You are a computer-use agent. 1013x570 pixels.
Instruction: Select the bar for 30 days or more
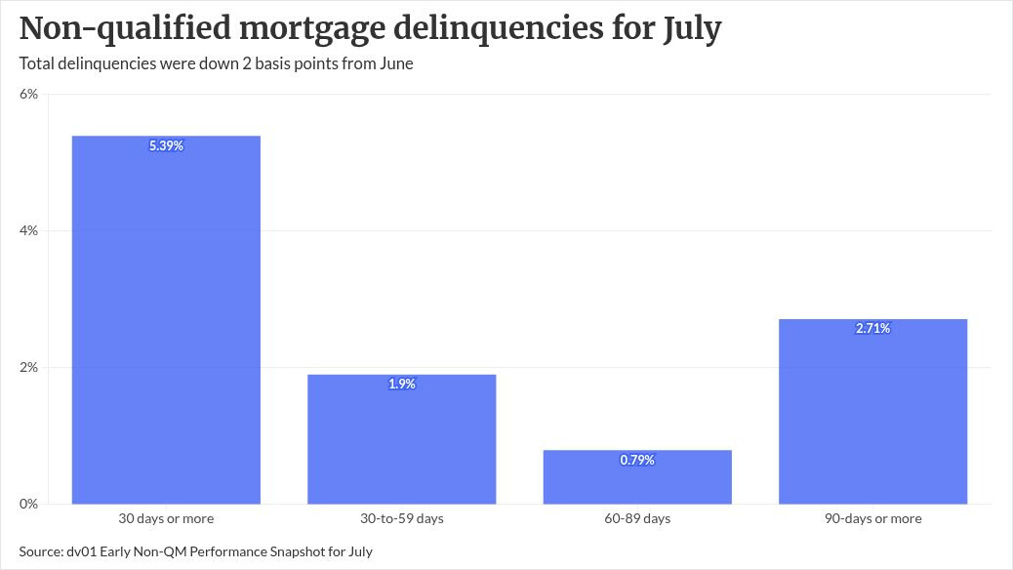pyautogui.click(x=166, y=320)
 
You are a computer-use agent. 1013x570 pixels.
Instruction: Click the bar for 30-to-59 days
pyautogui.click(x=402, y=439)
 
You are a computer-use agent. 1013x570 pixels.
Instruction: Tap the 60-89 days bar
pyautogui.click(x=637, y=477)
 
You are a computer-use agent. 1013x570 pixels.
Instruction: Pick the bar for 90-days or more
pyautogui.click(x=872, y=412)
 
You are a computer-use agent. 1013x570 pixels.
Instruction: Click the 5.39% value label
pyautogui.click(x=166, y=146)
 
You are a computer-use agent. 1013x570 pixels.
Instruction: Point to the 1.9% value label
pyautogui.click(x=402, y=384)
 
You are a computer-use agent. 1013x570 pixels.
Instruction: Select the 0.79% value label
pyautogui.click(x=637, y=460)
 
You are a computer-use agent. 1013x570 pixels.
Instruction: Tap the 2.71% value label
pyautogui.click(x=872, y=328)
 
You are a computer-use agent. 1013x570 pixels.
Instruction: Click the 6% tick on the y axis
pyautogui.click(x=29, y=95)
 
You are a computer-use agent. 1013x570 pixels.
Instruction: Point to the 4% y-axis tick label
pyautogui.click(x=29, y=230)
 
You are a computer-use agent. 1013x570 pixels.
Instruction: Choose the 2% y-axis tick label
pyautogui.click(x=29, y=368)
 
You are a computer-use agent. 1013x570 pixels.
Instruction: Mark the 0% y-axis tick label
pyautogui.click(x=29, y=504)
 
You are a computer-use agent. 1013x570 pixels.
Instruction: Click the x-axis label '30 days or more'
pyautogui.click(x=166, y=518)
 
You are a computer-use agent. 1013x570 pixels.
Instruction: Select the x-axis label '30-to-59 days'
pyautogui.click(x=402, y=518)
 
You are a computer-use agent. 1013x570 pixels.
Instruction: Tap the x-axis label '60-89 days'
pyautogui.click(x=637, y=518)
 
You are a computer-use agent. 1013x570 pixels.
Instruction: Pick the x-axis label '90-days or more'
pyautogui.click(x=872, y=518)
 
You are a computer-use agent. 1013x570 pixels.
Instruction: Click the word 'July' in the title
pyautogui.click(x=692, y=29)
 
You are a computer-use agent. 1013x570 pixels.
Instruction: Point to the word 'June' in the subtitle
pyautogui.click(x=395, y=63)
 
